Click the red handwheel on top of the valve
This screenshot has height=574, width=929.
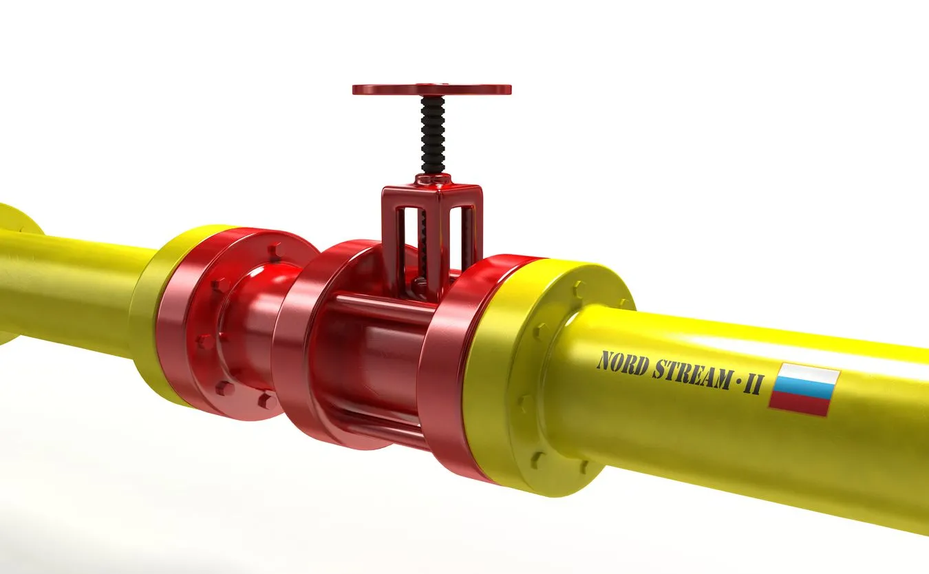pyautogui.click(x=431, y=89)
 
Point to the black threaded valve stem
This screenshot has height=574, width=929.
pyautogui.click(x=433, y=134)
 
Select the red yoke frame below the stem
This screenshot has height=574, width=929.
pyautogui.click(x=432, y=206)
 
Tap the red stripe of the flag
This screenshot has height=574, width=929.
pyautogui.click(x=800, y=403)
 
